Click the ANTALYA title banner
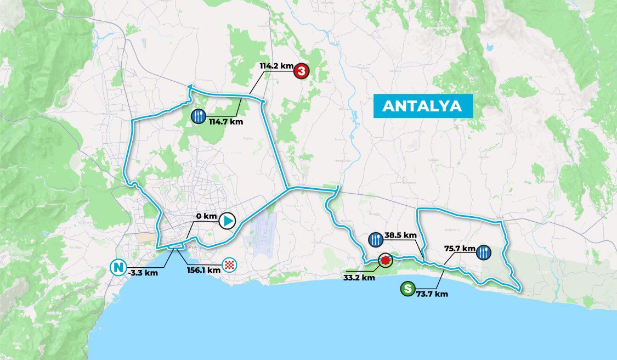click(x=422, y=106)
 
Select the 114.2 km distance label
click(x=276, y=66)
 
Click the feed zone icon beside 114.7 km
click(x=199, y=116)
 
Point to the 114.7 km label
click(x=225, y=121)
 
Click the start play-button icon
click(x=227, y=221)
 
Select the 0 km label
click(x=207, y=216)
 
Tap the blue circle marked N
click(x=117, y=268)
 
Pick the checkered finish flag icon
click(x=231, y=267)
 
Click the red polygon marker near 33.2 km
click(x=386, y=260)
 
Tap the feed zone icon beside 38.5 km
click(x=376, y=239)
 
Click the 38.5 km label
click(x=400, y=235)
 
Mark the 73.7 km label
click(x=432, y=294)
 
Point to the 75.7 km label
click(x=460, y=248)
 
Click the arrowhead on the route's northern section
click(x=189, y=86)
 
